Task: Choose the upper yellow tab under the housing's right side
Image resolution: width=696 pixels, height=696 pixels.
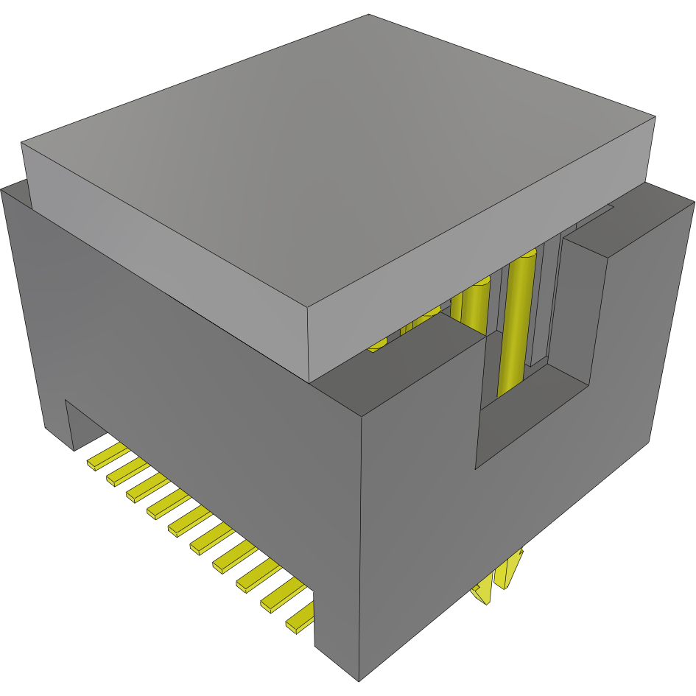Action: pos(510,571)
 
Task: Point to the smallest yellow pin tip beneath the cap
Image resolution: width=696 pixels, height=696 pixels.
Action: pos(376,344)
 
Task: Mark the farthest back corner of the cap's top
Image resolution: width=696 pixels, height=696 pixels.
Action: pos(368,15)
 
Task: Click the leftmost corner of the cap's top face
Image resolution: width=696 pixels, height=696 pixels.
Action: pos(22,142)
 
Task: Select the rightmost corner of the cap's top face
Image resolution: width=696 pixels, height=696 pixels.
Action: pos(655,116)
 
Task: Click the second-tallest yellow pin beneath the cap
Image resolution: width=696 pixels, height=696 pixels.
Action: pos(471,302)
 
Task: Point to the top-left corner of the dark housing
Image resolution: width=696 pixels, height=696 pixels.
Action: pos(4,190)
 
